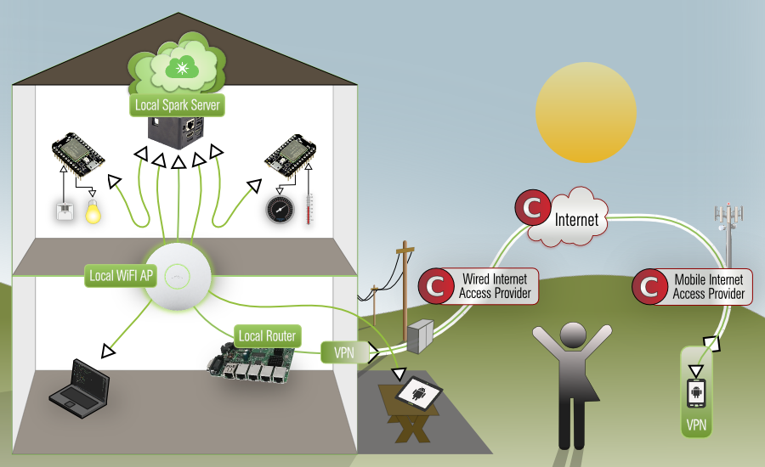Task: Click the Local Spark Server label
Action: coord(178,106)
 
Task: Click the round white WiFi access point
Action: coord(178,276)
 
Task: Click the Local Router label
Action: coord(267,335)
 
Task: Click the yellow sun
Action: coord(585,113)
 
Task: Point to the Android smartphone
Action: coord(696,393)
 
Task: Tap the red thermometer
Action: coord(309,208)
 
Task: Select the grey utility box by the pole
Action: coord(419,337)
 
